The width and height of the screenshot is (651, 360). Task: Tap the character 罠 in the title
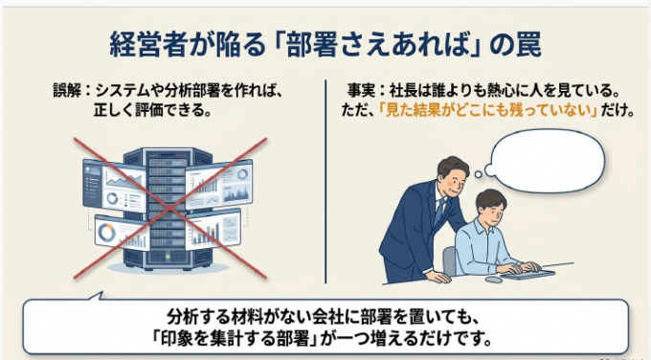(528, 44)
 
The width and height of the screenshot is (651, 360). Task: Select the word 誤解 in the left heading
(67, 90)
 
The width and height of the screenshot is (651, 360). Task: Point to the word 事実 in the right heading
(362, 90)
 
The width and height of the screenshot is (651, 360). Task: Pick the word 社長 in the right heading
(403, 90)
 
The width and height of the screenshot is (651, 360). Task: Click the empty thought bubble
(544, 161)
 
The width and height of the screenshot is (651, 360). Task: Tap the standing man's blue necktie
(438, 211)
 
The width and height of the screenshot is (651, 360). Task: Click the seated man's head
(491, 207)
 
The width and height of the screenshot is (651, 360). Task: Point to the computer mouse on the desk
(494, 280)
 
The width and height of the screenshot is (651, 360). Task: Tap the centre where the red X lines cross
(169, 208)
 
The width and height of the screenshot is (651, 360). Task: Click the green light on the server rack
(168, 257)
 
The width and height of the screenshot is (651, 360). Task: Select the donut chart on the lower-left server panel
(106, 233)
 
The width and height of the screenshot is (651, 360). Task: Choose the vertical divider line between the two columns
(325, 182)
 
